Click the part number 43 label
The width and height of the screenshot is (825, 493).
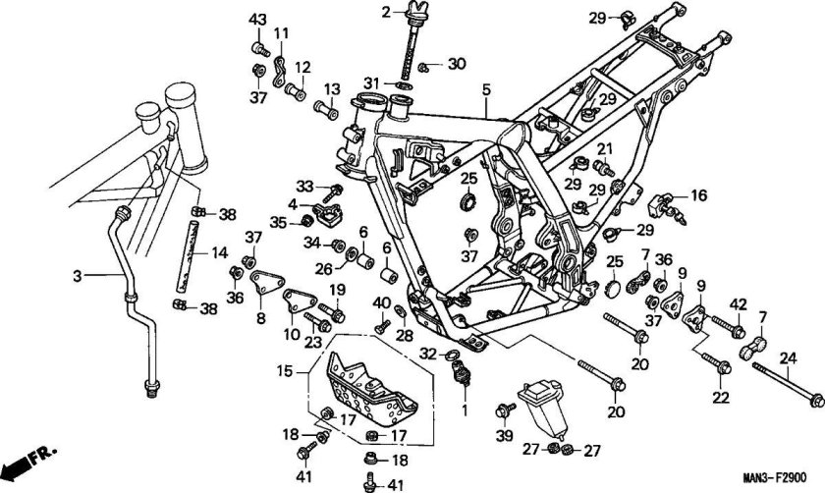257,21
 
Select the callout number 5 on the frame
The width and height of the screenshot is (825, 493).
485,90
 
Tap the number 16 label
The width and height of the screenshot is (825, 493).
699,195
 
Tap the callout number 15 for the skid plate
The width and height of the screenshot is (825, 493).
286,371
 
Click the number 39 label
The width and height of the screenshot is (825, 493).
504,435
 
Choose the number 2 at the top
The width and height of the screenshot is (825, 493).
386,11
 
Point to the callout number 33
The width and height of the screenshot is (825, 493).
304,186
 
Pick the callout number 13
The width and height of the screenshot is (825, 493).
333,88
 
